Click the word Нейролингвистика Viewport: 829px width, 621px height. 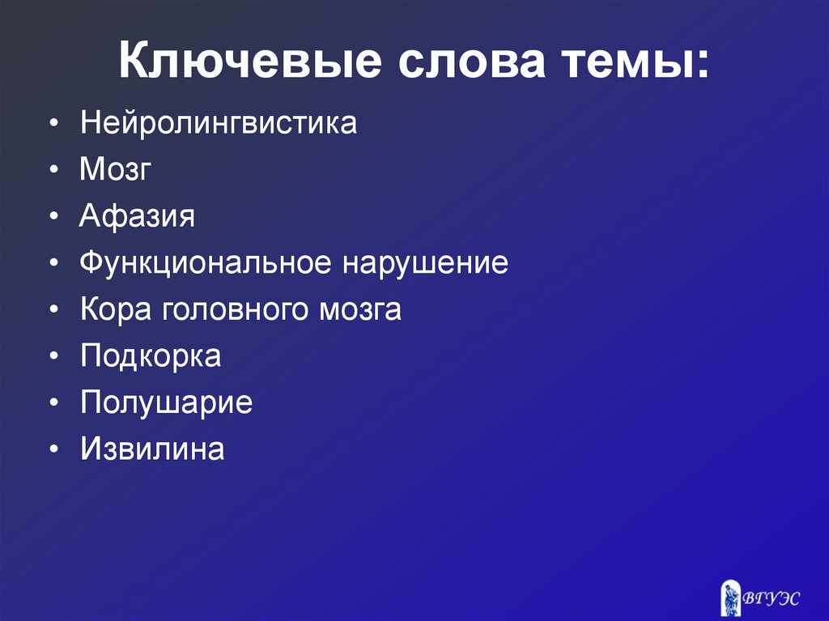point(218,124)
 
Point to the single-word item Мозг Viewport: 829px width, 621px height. point(115,170)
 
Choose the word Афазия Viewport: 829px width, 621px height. point(138,217)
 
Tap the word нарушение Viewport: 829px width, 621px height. point(427,264)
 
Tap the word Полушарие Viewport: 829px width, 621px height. point(166,403)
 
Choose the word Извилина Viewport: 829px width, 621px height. point(152,449)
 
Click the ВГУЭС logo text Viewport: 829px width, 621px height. point(773,598)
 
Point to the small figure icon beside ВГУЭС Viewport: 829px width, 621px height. point(731,598)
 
